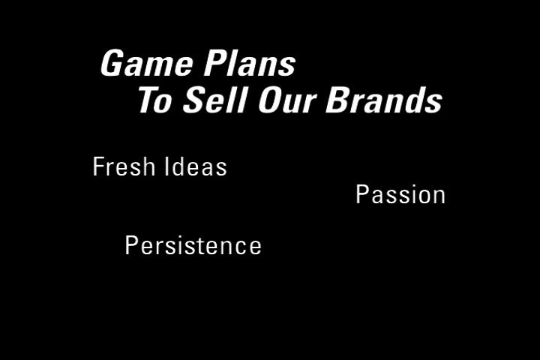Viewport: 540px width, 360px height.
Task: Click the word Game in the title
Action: coord(147,64)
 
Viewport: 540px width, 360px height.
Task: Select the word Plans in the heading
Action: coord(249,64)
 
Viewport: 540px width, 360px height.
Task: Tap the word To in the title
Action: coord(155,100)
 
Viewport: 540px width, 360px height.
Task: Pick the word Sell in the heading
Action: coord(215,100)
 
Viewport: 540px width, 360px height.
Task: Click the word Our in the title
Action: coord(287,100)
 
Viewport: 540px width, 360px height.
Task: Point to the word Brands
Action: coord(384,100)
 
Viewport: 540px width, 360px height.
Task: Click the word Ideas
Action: coord(196,166)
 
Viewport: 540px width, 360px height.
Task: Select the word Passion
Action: coord(400,195)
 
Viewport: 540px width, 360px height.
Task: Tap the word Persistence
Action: coord(193,246)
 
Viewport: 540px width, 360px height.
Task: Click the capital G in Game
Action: coord(112,63)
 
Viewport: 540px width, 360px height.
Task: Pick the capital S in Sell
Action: coord(195,100)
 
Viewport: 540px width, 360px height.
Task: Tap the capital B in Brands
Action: coord(338,100)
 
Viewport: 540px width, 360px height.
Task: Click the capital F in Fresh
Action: coord(98,166)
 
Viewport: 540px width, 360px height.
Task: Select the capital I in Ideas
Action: coord(166,166)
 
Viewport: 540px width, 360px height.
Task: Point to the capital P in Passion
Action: coord(363,194)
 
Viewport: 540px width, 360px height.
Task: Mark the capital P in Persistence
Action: coord(132,245)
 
